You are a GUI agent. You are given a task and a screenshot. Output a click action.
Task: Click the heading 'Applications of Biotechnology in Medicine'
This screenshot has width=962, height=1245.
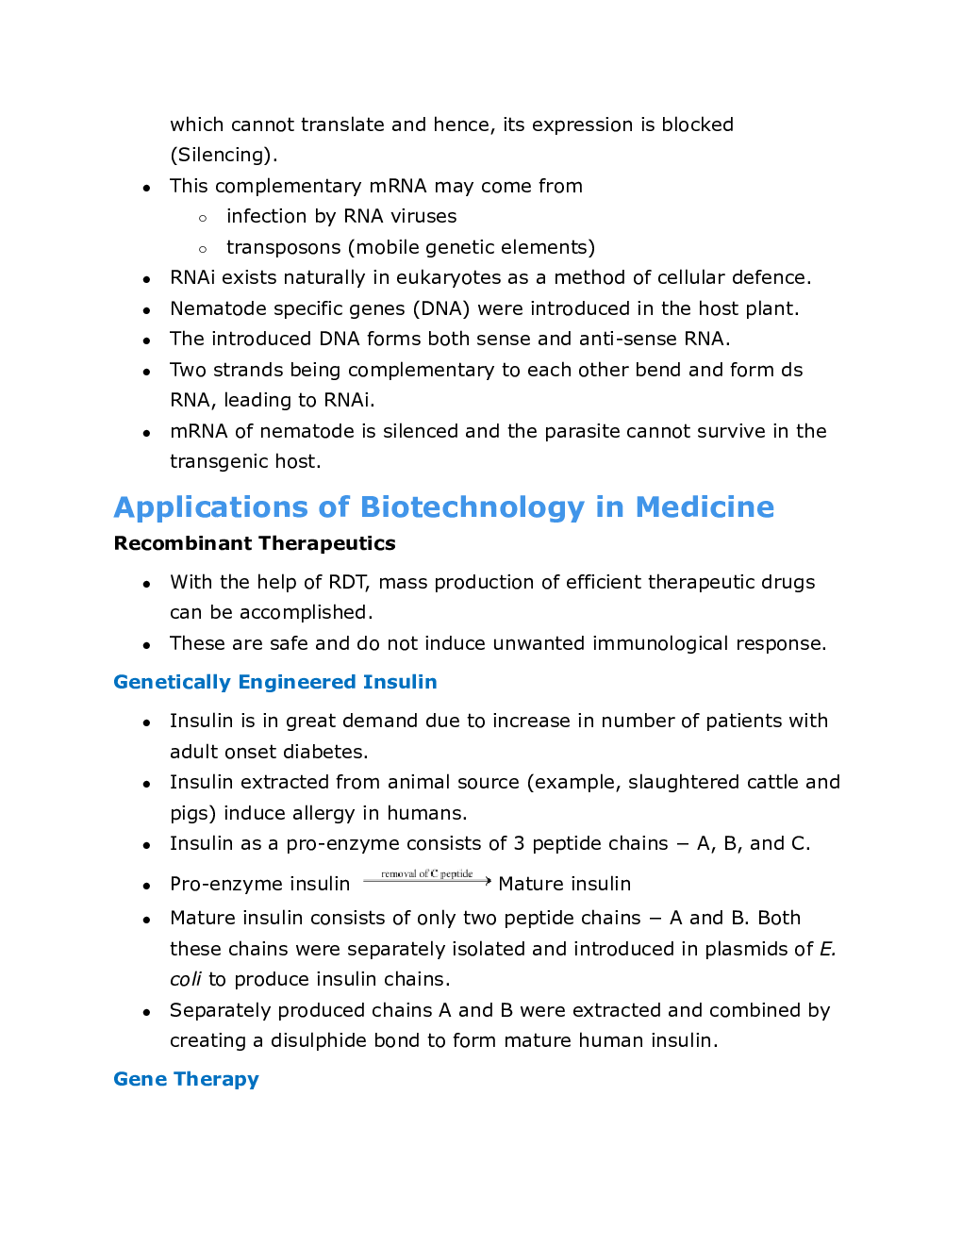click(443, 507)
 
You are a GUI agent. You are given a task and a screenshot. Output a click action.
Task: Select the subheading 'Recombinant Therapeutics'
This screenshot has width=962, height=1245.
click(255, 543)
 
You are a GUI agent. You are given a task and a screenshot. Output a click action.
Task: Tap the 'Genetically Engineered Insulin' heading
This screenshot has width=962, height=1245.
click(274, 682)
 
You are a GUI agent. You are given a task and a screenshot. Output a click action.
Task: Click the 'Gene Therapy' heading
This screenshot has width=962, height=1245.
click(186, 1079)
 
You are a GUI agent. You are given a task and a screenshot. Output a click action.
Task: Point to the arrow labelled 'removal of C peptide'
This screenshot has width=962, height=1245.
click(427, 879)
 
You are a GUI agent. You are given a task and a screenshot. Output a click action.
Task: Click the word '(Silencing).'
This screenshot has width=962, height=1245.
click(224, 155)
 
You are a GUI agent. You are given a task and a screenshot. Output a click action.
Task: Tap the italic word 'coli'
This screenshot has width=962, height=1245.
click(186, 979)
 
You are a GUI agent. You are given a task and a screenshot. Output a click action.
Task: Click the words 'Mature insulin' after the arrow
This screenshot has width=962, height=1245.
click(564, 884)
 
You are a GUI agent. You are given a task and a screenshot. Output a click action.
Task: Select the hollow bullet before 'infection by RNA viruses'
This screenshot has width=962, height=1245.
click(203, 218)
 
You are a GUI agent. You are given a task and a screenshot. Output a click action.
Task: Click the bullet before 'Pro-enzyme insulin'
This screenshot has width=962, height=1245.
click(146, 886)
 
